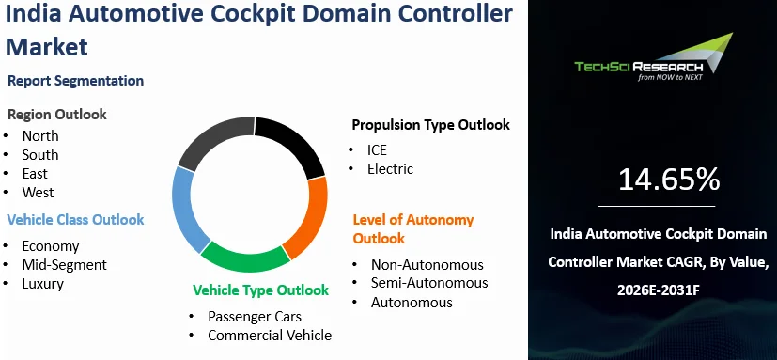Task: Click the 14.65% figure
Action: tap(669, 180)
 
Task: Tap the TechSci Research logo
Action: tap(653, 58)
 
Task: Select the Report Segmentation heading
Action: tap(76, 81)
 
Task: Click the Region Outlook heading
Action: tap(57, 115)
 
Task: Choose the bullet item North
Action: tap(40, 136)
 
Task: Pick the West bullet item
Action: tap(38, 193)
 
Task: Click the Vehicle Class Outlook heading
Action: tap(75, 220)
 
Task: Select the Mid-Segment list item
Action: tap(64, 265)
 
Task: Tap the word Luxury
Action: tap(42, 284)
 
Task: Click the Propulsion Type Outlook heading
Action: tap(430, 125)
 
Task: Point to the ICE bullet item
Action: tap(377, 149)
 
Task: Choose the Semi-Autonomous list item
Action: tap(429, 283)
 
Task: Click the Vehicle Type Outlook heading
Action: tap(260, 290)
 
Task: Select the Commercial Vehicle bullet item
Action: tap(270, 336)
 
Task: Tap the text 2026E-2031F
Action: tap(658, 290)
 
